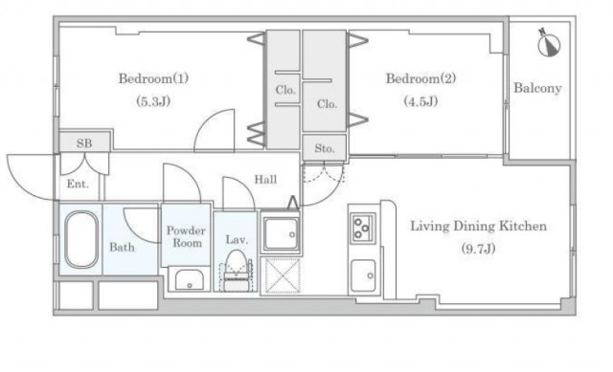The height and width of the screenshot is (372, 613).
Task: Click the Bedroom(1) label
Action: coord(153,78)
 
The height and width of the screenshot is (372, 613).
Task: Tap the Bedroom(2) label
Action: coord(420,78)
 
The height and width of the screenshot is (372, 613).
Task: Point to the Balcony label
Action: coord(537,88)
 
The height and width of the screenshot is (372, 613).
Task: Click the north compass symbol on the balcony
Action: coord(548,43)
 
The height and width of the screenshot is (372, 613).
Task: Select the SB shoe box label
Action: coord(84,143)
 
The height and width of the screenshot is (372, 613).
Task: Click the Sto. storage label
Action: coord(325,148)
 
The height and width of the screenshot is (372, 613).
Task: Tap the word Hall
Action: coord(265,180)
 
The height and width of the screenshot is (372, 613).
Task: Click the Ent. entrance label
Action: coord(78,184)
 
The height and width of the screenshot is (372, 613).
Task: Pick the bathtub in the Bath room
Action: coord(81,239)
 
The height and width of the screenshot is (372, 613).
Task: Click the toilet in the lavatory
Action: coord(236,270)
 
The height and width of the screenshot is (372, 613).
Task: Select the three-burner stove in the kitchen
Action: coord(362,228)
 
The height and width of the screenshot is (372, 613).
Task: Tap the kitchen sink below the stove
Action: coord(363,275)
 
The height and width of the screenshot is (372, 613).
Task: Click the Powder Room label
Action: coord(186,236)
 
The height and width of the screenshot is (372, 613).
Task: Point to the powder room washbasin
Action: coord(190,279)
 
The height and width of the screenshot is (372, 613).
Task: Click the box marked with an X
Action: coord(283,275)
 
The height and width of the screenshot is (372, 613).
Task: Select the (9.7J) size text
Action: coord(479,249)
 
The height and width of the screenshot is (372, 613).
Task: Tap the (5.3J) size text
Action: coord(153,102)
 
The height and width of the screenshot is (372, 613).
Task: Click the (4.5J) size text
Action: coord(420,102)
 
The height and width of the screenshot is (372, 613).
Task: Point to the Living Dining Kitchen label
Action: coord(478,226)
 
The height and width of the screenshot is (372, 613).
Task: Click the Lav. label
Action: coord(237,239)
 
